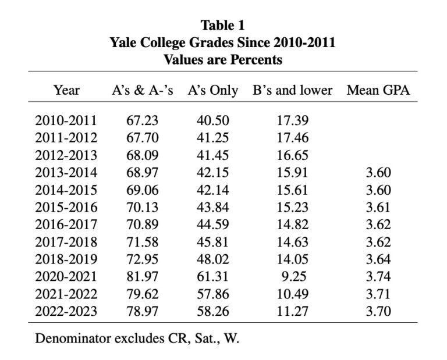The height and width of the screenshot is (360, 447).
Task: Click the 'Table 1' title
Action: point(223,25)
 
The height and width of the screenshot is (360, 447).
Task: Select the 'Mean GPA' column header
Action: point(378,90)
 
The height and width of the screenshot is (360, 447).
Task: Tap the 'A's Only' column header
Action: point(212,90)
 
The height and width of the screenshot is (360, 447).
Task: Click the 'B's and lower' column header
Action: point(293,90)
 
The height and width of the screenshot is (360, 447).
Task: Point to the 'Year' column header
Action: point(66,90)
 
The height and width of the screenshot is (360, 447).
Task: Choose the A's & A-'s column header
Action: point(143,90)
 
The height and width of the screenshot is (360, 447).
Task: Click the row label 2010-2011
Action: point(66,121)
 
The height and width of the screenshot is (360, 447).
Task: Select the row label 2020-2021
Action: point(66,277)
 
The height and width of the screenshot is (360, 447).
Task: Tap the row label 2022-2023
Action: point(66,311)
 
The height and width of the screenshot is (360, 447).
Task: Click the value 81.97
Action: point(143,277)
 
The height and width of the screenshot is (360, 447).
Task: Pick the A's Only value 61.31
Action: point(212,277)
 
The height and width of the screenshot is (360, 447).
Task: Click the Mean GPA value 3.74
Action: point(378,277)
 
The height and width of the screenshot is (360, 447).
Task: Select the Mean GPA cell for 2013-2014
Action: point(378,173)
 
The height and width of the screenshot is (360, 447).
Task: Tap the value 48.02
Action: point(212,259)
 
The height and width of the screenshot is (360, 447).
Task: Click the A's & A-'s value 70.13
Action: point(143,208)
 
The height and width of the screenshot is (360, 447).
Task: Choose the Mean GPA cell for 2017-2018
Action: point(378,242)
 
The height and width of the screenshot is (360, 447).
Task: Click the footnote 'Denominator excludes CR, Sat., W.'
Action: point(137,338)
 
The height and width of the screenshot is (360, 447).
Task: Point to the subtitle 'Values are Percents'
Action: point(223,59)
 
